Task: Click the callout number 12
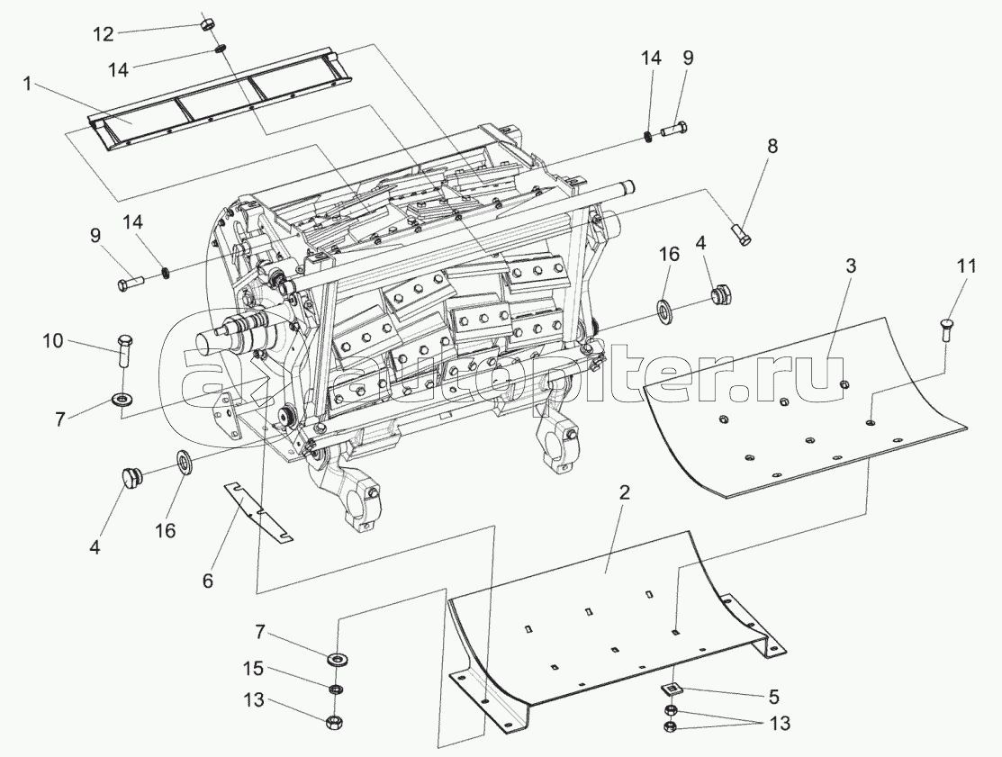pos(104,34)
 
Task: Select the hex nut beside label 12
pos(206,23)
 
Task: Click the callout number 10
pos(52,341)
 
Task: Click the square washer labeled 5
pos(670,689)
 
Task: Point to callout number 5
pos(773,697)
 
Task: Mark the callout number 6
pos(208,581)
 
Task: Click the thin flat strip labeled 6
pos(260,512)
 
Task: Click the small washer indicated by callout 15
pos(334,689)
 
